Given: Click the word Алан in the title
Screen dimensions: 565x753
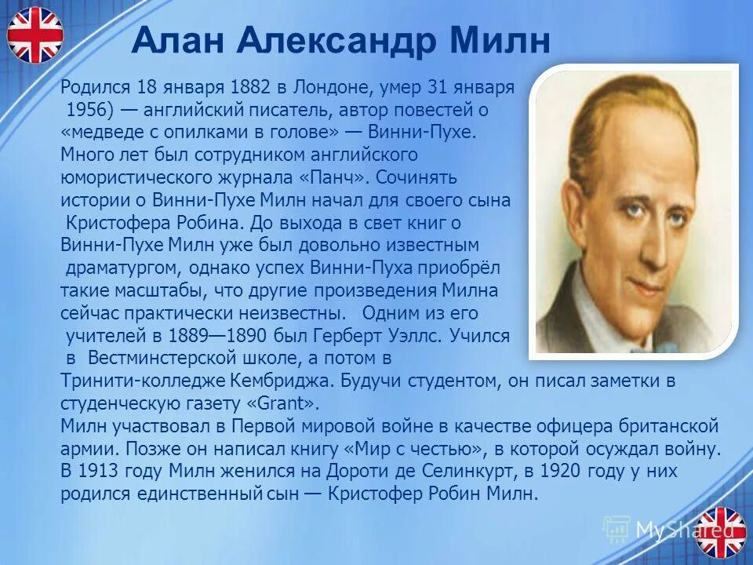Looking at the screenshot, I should (x=169, y=41).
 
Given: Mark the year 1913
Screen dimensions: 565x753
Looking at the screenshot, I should (x=98, y=472).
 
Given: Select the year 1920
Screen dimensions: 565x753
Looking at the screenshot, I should (x=518, y=472).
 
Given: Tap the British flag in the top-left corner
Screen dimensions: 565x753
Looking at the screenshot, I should (x=35, y=35).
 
